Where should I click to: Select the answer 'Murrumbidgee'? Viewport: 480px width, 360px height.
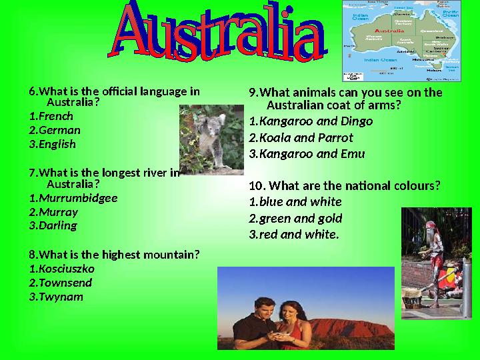click(77, 198)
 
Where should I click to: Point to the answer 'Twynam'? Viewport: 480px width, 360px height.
click(60, 297)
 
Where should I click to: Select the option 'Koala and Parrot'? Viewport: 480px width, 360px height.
click(305, 138)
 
